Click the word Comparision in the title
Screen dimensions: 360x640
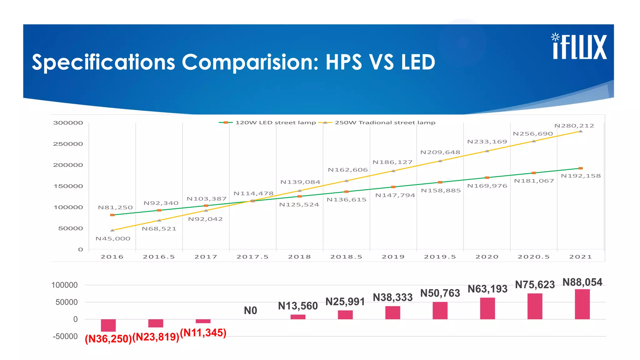pos(250,62)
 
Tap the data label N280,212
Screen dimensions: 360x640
pos(574,126)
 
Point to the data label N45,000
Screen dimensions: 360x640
pos(113,239)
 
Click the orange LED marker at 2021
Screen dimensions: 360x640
pos(581,168)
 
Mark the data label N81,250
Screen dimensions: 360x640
pos(115,207)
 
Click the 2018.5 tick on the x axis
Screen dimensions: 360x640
pos(346,257)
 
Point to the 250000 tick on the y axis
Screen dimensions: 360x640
pos(68,144)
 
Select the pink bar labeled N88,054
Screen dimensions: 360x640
pos(582,304)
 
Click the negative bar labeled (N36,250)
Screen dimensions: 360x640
pos(108,325)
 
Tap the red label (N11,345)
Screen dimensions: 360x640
pos(203,332)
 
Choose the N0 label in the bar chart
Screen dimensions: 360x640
pos(250,311)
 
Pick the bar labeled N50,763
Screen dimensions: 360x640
pos(440,310)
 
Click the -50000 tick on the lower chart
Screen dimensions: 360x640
pos(65,337)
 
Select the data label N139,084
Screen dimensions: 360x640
pos(300,182)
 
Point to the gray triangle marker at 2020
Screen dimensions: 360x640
pos(487,151)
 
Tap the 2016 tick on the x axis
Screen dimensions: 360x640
pos(112,257)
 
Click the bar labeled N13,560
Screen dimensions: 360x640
pos(298,317)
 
